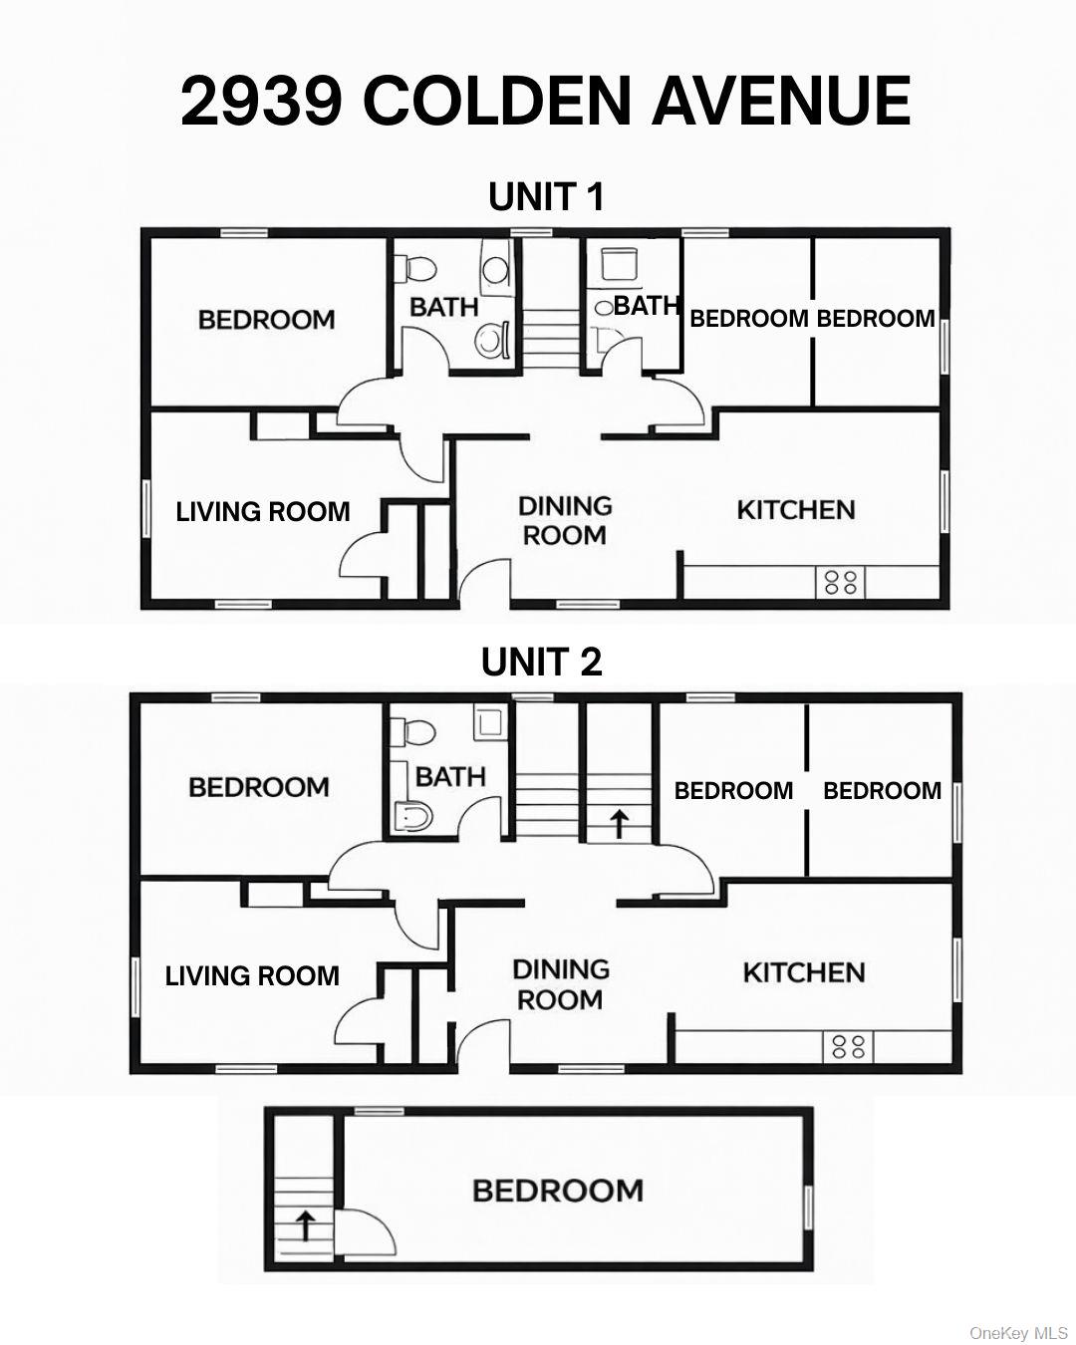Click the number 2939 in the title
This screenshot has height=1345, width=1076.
click(x=261, y=101)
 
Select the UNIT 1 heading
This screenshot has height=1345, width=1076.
click(x=546, y=197)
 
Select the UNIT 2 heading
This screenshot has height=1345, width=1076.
click(x=541, y=662)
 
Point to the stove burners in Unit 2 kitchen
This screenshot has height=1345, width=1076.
click(x=848, y=1046)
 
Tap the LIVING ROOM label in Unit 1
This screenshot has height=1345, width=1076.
click(x=263, y=512)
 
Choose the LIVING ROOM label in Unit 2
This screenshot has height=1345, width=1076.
click(x=252, y=976)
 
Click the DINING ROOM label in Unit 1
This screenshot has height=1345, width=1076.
click(x=565, y=520)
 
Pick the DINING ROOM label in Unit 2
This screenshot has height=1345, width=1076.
click(x=560, y=984)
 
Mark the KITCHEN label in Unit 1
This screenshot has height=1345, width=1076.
click(x=795, y=510)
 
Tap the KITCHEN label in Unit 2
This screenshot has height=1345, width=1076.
click(x=803, y=972)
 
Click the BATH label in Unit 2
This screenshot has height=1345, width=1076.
click(x=450, y=776)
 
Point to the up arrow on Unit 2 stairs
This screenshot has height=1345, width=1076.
click(x=618, y=823)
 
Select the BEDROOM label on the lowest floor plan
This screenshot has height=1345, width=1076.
click(x=557, y=1191)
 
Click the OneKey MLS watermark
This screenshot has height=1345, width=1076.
click(x=1018, y=1333)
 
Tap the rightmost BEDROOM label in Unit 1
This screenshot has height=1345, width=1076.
click(x=875, y=319)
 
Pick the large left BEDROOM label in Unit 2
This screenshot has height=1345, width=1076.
click(x=259, y=787)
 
